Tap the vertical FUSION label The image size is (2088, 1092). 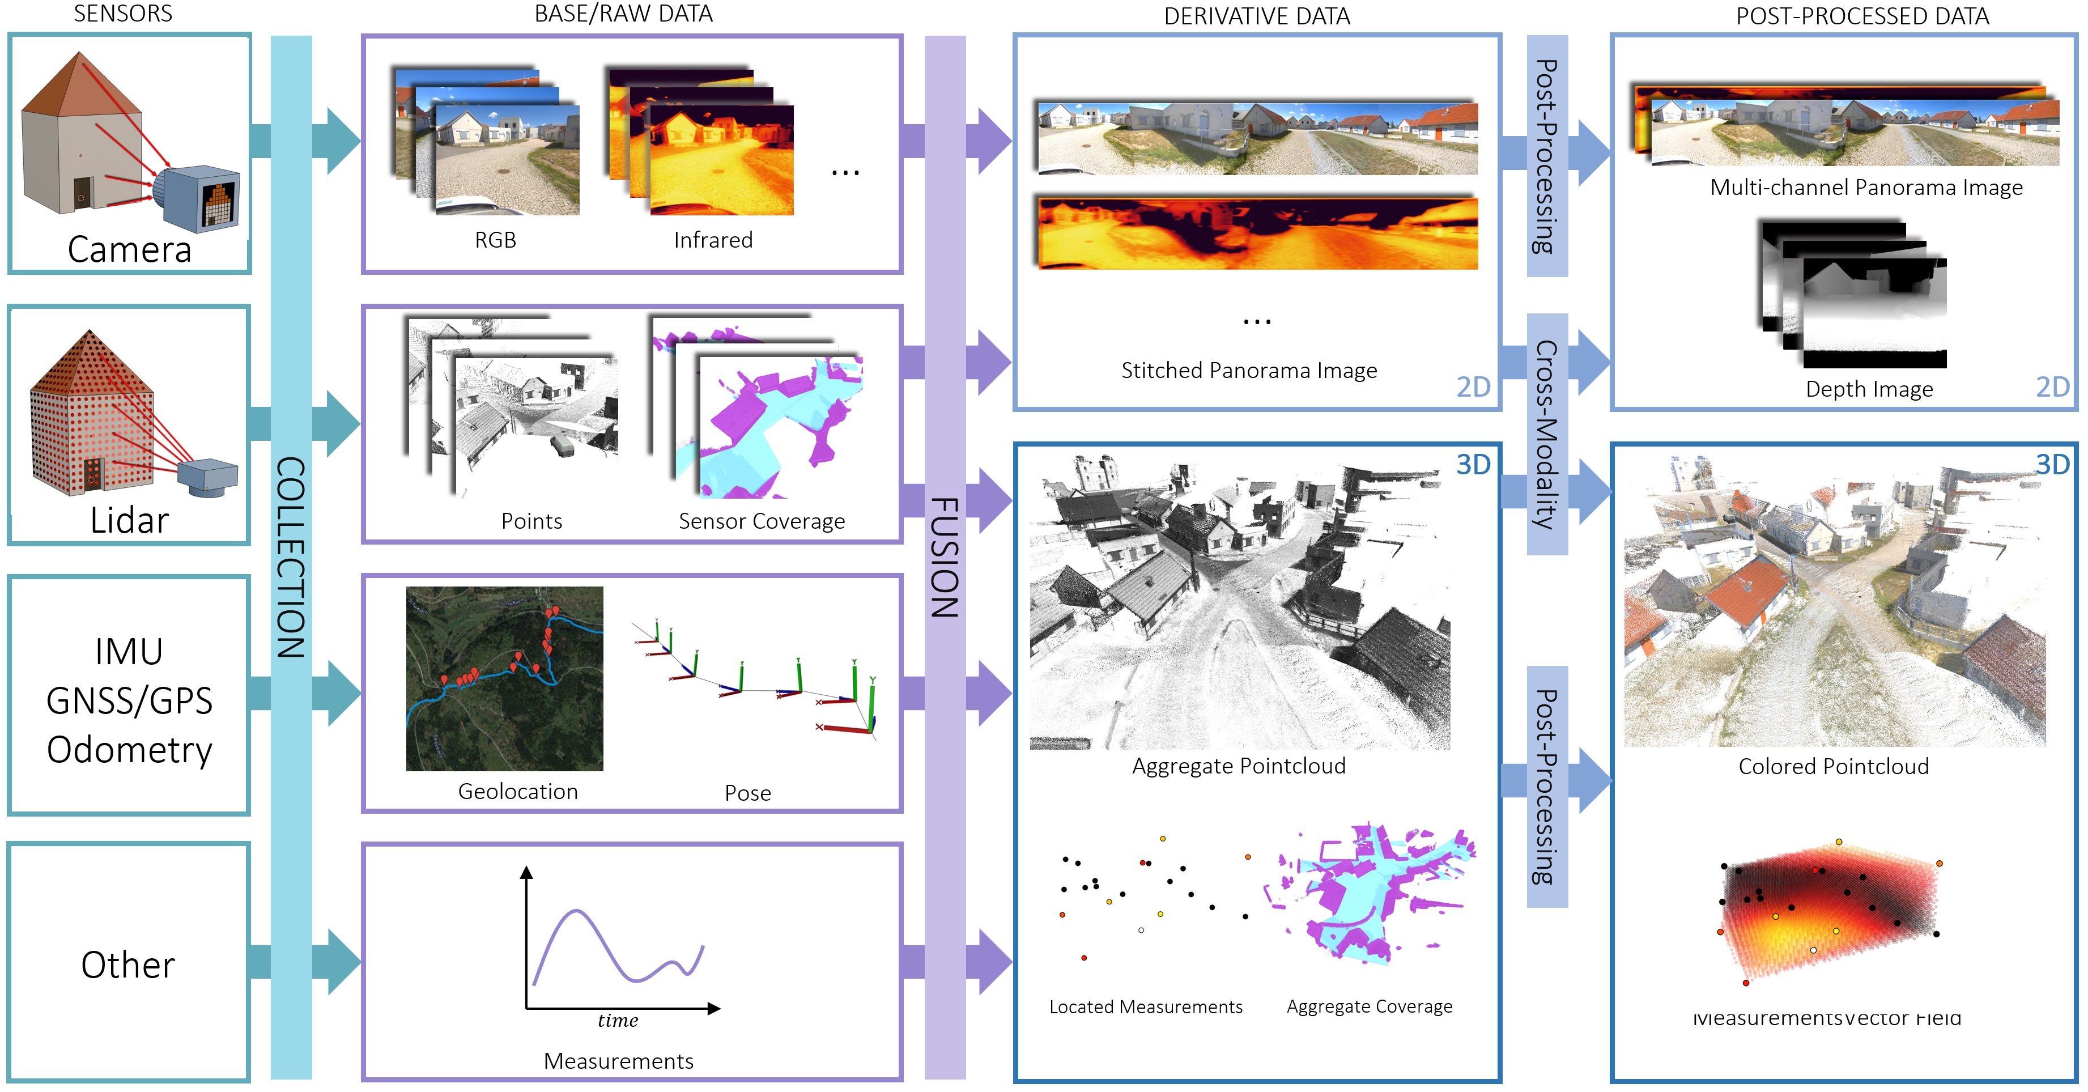coord(945,557)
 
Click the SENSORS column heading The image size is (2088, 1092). coord(123,14)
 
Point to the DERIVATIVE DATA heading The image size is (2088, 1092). coord(1256,16)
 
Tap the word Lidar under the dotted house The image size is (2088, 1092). coord(130,520)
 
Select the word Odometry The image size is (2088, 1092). coord(130,750)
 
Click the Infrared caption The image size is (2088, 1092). coord(713,240)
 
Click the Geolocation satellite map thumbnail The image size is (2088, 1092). coord(504,678)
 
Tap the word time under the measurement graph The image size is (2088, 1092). coord(618,1021)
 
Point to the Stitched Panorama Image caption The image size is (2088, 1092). coord(1249,371)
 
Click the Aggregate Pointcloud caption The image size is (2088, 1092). coord(1239,766)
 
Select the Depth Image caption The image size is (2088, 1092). coord(1869,389)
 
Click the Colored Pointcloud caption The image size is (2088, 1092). coord(1834,766)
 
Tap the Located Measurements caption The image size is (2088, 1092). coord(1145,1007)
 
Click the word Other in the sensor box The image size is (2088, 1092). coord(128,964)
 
